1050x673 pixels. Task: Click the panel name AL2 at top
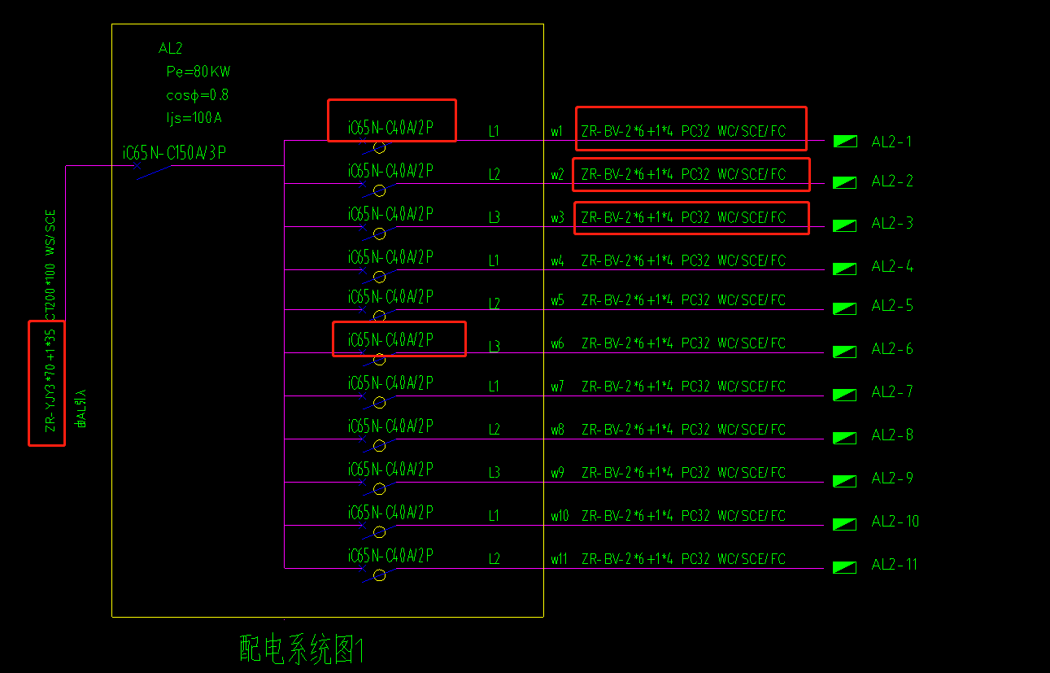point(170,48)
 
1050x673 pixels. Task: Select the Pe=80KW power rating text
point(198,72)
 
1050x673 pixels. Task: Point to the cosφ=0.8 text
point(198,95)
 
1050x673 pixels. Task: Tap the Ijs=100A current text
point(194,117)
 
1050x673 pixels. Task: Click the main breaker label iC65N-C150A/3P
point(174,152)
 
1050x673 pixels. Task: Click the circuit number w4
point(557,260)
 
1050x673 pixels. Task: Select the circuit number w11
point(559,559)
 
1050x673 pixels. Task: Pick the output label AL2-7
point(892,391)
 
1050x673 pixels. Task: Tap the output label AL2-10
point(895,521)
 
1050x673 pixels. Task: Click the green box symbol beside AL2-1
point(845,141)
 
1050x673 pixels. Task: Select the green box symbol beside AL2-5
point(845,308)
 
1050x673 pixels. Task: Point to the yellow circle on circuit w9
point(380,489)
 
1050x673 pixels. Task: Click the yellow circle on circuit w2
point(380,191)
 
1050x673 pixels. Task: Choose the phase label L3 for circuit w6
point(494,347)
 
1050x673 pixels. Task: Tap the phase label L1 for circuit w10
point(494,516)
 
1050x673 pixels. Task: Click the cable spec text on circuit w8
point(683,430)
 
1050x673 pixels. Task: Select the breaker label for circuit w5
point(390,297)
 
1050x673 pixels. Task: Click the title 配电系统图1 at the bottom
point(302,649)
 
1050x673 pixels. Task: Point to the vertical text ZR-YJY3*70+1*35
point(50,380)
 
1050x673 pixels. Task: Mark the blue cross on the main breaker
point(137,165)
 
